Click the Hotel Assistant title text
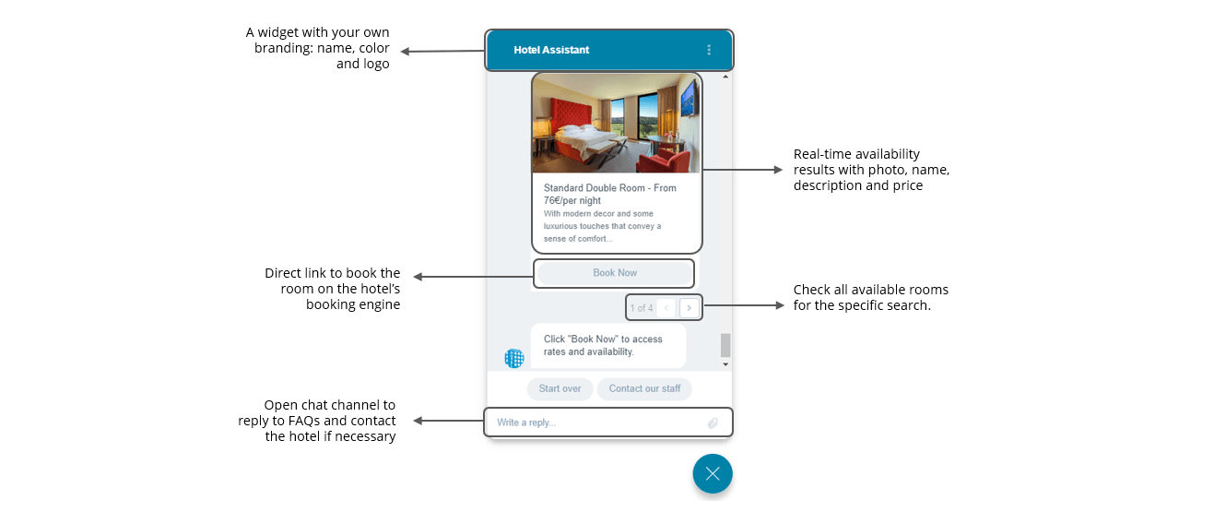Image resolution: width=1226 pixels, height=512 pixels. tap(551, 50)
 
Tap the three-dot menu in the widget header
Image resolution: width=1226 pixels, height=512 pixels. tap(709, 50)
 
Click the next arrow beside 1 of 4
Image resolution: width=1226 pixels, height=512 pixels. tap(689, 307)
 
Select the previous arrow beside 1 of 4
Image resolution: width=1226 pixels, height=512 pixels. tap(667, 307)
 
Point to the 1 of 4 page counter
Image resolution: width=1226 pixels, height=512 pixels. tap(641, 308)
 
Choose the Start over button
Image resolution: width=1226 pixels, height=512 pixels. tap(560, 388)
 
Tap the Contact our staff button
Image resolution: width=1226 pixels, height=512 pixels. tap(644, 388)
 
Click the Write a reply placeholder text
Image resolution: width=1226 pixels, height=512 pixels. tap(526, 423)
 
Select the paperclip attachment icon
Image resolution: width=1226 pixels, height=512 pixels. tap(713, 423)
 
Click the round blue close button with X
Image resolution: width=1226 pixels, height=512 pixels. tap(713, 474)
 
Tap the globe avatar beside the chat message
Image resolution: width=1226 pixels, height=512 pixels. tap(514, 358)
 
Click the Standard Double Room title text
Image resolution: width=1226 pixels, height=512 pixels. tap(609, 194)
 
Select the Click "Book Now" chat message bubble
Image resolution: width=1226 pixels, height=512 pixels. tap(607, 345)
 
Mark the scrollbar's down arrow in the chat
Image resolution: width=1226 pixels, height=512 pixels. tap(725, 364)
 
